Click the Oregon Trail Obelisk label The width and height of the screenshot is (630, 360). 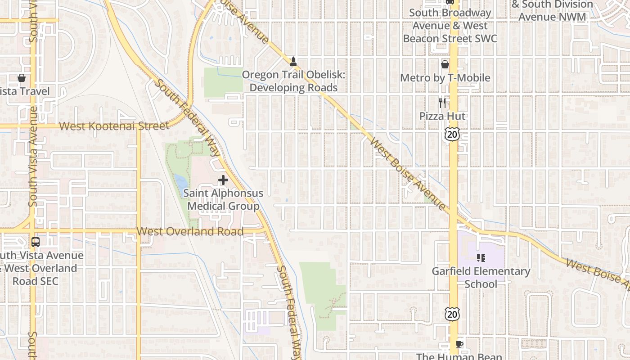tap(293, 81)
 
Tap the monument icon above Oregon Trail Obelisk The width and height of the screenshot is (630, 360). tap(293, 61)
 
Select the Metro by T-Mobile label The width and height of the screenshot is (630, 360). tap(445, 78)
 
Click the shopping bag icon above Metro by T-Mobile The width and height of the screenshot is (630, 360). tap(445, 64)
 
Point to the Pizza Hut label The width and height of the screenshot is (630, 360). tap(442, 116)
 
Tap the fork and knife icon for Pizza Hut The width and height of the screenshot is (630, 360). tap(442, 103)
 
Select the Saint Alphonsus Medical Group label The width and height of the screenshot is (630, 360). tap(223, 200)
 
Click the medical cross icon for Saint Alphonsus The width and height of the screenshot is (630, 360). tap(223, 180)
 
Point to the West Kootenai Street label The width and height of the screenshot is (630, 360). tap(114, 126)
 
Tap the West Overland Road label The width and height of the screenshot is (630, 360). tap(190, 231)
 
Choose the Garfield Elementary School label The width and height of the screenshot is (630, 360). tap(481, 277)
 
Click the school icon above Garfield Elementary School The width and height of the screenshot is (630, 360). tap(481, 258)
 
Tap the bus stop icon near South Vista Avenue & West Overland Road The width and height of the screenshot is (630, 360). tap(36, 242)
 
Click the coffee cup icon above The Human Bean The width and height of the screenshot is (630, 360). tap(459, 345)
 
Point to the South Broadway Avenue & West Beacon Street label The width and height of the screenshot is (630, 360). tap(450, 26)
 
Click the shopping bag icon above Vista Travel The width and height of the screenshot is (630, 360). tap(21, 78)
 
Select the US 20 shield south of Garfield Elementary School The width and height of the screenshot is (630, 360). tap(452, 314)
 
